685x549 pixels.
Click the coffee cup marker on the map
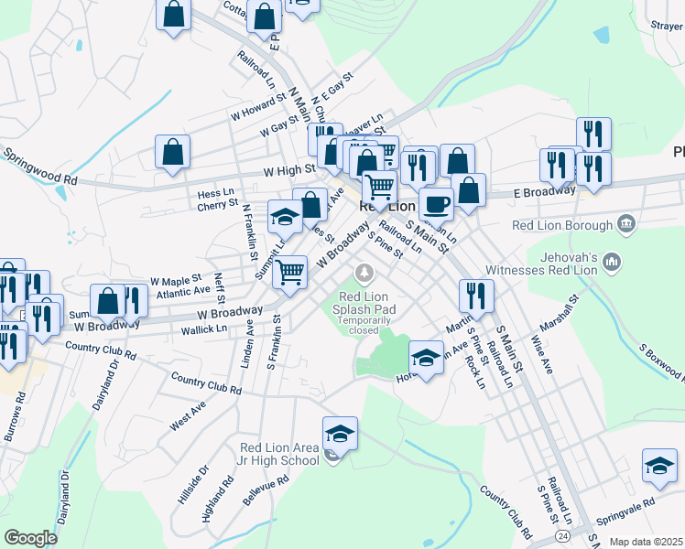point(436,202)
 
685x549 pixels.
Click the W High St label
point(288,170)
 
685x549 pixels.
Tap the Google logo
point(30,537)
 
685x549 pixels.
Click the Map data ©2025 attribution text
point(647,542)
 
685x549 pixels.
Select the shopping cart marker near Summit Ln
point(289,272)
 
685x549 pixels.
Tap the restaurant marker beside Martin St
point(476,295)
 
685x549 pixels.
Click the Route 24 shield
point(560,533)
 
